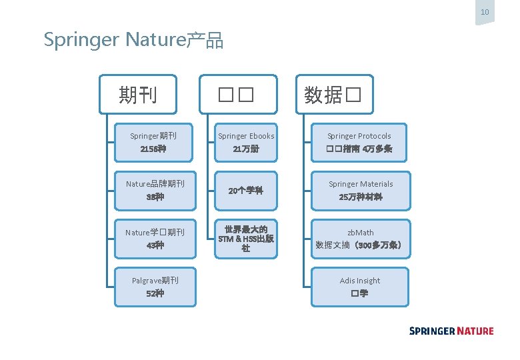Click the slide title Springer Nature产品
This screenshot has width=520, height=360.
133,40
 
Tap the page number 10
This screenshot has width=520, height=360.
485,12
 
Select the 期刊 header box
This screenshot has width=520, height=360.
138,95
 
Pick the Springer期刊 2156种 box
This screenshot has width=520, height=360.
155,143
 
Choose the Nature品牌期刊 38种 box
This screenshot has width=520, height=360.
155,191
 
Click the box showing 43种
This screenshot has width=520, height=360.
155,239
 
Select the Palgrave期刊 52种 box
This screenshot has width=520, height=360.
155,287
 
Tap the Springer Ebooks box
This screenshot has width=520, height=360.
246,143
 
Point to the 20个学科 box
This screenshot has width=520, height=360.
246,191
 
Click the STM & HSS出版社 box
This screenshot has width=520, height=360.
246,239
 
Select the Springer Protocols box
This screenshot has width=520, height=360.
360,143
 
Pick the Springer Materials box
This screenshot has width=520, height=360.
360,191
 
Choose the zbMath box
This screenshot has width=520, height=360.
360,239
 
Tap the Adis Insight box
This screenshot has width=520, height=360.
360,287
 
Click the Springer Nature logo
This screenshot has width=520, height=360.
451,331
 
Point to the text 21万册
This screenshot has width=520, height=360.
246,149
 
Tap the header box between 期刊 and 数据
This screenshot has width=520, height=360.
237,95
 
